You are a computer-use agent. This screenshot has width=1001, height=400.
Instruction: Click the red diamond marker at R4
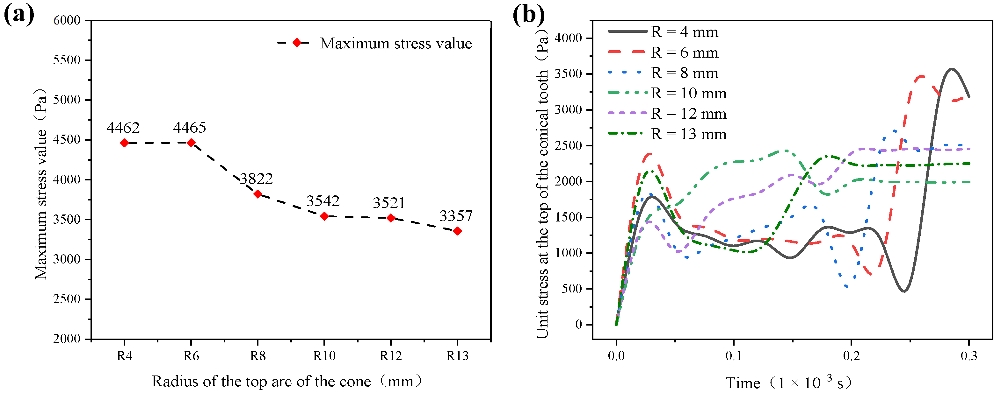(124, 143)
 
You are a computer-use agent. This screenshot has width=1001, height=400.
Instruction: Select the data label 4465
(190, 127)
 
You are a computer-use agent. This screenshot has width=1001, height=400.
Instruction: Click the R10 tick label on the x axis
(324, 356)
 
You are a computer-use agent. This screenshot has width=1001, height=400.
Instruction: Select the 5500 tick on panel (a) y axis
(67, 60)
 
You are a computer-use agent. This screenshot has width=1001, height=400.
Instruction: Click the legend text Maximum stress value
(395, 44)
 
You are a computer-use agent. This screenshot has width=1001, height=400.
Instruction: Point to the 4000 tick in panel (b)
(568, 38)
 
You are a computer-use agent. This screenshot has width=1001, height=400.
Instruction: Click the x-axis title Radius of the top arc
(287, 381)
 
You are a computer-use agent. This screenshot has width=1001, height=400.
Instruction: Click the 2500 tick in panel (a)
(67, 299)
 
